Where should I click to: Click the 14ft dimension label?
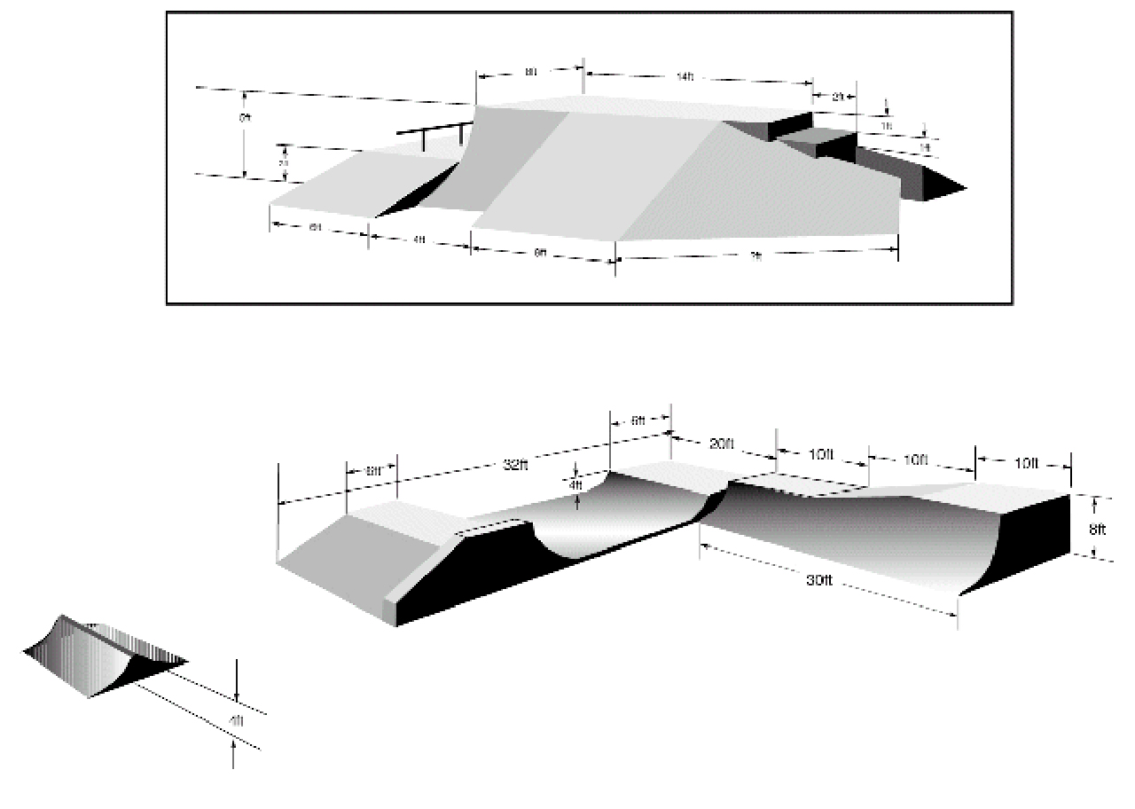(x=684, y=78)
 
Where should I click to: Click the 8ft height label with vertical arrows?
(x=1097, y=530)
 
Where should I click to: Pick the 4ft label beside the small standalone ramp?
(x=236, y=720)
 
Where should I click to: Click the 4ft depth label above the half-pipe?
(x=575, y=485)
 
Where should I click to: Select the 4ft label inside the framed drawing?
(x=419, y=240)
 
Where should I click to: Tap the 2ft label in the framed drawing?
(x=836, y=98)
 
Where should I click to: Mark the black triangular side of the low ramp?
(x=417, y=189)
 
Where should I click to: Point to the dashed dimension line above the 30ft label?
(x=829, y=568)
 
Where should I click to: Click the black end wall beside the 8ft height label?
(x=1029, y=541)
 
